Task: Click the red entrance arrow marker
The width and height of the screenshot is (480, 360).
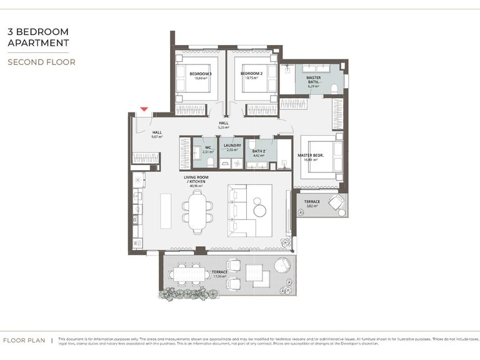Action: coord(144,109)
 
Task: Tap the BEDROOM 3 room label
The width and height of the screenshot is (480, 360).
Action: coord(201,74)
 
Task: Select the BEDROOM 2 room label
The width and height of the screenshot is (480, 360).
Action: coord(251,74)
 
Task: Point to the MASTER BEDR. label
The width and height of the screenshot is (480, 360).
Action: coord(311,156)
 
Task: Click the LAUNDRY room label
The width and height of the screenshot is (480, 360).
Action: coord(232,146)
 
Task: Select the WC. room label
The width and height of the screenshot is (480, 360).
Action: coord(208,147)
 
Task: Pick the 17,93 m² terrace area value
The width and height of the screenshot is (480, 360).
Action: coord(219,276)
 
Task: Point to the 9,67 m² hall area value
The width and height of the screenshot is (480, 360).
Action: coord(157,137)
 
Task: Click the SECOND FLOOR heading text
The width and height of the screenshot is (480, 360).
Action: coord(41,62)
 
